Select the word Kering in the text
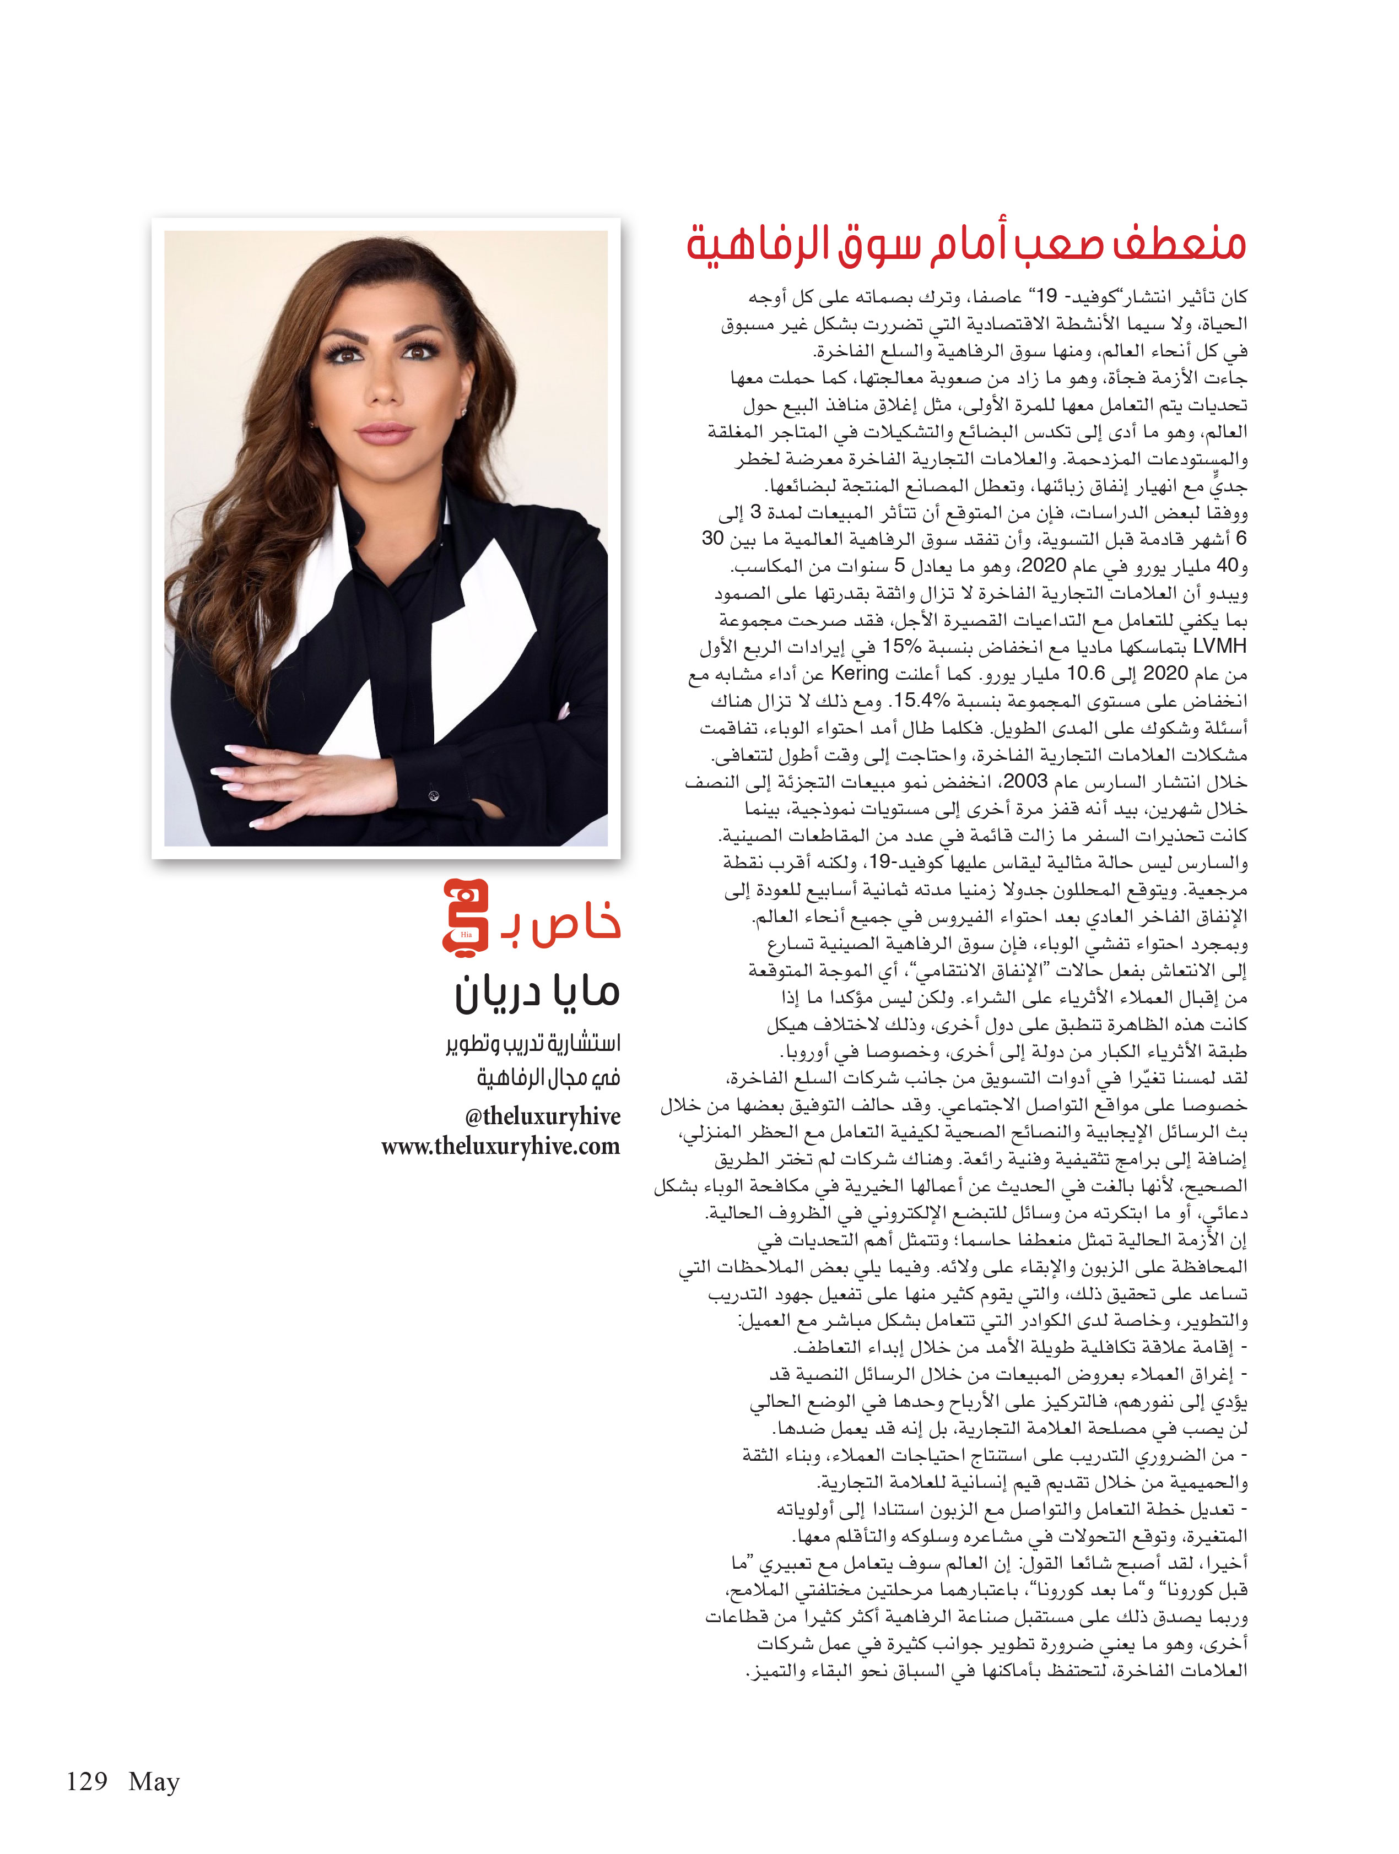pyautogui.click(x=859, y=674)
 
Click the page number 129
pyautogui.click(x=87, y=1781)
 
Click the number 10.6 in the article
pyautogui.click(x=1087, y=674)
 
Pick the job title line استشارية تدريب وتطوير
pyautogui.click(x=533, y=1044)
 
